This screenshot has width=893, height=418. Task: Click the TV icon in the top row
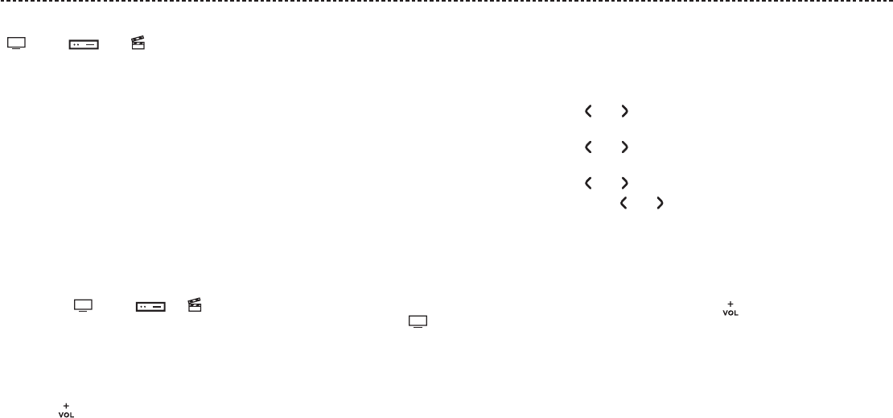click(17, 44)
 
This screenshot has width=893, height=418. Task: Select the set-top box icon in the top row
click(83, 45)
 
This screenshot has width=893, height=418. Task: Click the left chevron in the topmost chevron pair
click(587, 113)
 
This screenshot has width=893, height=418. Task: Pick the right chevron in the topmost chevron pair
click(624, 113)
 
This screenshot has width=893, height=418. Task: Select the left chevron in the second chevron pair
click(587, 147)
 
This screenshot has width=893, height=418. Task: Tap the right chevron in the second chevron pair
click(624, 147)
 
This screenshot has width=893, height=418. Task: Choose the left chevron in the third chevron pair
click(587, 184)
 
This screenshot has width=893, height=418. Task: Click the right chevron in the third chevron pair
click(624, 184)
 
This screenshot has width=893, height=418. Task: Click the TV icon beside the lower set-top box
click(84, 305)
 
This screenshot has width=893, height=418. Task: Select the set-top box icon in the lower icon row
click(150, 306)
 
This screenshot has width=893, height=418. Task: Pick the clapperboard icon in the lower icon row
click(194, 304)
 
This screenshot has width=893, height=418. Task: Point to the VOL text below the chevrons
click(730, 313)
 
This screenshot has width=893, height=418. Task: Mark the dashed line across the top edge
click(446, 2)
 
